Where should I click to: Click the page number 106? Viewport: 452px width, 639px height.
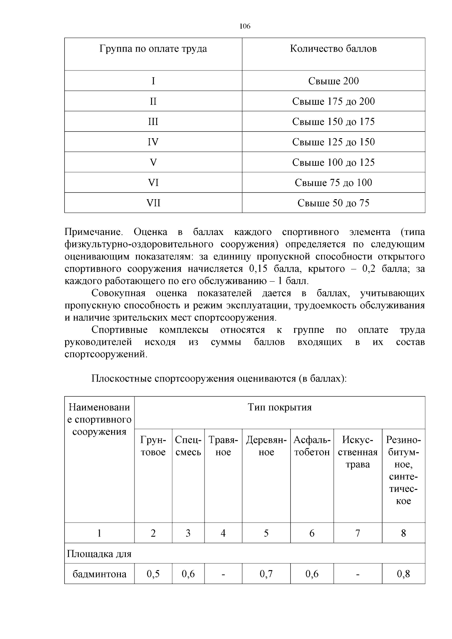point(245,26)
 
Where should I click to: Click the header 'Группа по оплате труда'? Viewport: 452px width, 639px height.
point(153,49)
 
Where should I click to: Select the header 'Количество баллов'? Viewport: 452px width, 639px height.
point(333,49)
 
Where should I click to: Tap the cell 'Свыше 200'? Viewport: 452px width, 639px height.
point(333,81)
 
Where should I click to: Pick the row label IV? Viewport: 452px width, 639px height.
point(153,142)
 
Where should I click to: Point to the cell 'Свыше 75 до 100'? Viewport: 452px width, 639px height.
point(333,183)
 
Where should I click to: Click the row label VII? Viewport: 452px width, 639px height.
point(153,203)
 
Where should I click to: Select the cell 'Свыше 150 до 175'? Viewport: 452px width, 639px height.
point(333,122)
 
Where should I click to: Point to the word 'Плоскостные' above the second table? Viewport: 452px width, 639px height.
point(121,378)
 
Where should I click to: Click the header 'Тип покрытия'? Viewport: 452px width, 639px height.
point(279,407)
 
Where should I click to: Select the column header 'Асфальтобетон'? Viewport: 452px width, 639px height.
point(312,446)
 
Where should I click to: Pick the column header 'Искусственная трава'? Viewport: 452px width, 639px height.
point(357,452)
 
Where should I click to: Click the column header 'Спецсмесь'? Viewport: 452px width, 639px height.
point(188,446)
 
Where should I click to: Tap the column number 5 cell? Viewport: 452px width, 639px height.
point(266,533)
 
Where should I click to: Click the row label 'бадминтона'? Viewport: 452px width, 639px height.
point(99,574)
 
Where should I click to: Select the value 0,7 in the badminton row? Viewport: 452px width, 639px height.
point(266,574)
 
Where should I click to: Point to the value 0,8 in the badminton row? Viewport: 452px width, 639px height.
point(403,574)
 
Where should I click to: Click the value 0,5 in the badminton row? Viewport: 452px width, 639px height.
point(153,574)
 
